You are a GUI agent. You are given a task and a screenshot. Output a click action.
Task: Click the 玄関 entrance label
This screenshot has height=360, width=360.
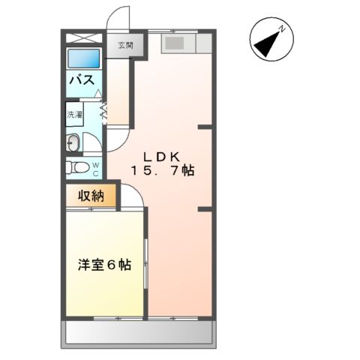pos(124,46)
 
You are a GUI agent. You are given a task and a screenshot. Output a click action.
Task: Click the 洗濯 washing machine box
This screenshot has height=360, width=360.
pos(75,115)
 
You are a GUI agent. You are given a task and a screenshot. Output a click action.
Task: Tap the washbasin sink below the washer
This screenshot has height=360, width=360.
pos(73,142)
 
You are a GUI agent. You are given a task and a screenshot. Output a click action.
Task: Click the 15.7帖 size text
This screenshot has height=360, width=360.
pos(163,171)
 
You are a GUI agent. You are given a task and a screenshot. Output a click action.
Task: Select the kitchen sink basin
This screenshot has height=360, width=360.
pos(174,43)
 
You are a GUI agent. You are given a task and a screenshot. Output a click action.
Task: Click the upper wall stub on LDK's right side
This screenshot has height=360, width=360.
pos(204,128)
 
